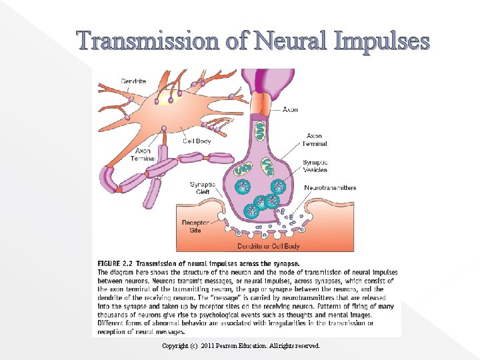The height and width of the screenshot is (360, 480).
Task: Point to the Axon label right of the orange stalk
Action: pos(290,109)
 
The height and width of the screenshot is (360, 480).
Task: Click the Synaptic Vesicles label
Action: pos(315,166)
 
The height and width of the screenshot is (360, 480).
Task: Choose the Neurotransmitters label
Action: pos(330,188)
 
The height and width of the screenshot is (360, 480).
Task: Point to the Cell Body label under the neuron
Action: pos(197,141)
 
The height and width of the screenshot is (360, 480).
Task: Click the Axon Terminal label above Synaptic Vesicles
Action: pos(315,139)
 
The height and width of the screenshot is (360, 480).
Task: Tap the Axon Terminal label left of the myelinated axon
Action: pos(143,155)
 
